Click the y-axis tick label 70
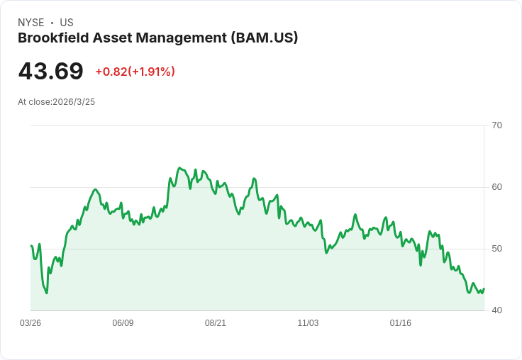[x=496, y=125]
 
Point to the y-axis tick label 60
[x=496, y=187]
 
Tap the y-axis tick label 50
[x=496, y=249]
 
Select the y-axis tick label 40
[x=496, y=310]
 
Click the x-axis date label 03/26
[x=30, y=323]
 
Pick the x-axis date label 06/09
[x=123, y=323]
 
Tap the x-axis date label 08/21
[x=216, y=323]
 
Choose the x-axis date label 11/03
[x=308, y=323]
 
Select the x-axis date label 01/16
[x=401, y=323]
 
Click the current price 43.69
[x=50, y=71]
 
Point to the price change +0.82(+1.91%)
[x=135, y=72]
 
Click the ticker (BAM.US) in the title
[x=265, y=38]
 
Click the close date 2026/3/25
[x=74, y=102]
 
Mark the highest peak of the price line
[x=180, y=168]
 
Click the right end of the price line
[x=484, y=288]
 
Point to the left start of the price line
[x=31, y=246]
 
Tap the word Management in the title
[x=183, y=38]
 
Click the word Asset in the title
[x=114, y=38]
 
